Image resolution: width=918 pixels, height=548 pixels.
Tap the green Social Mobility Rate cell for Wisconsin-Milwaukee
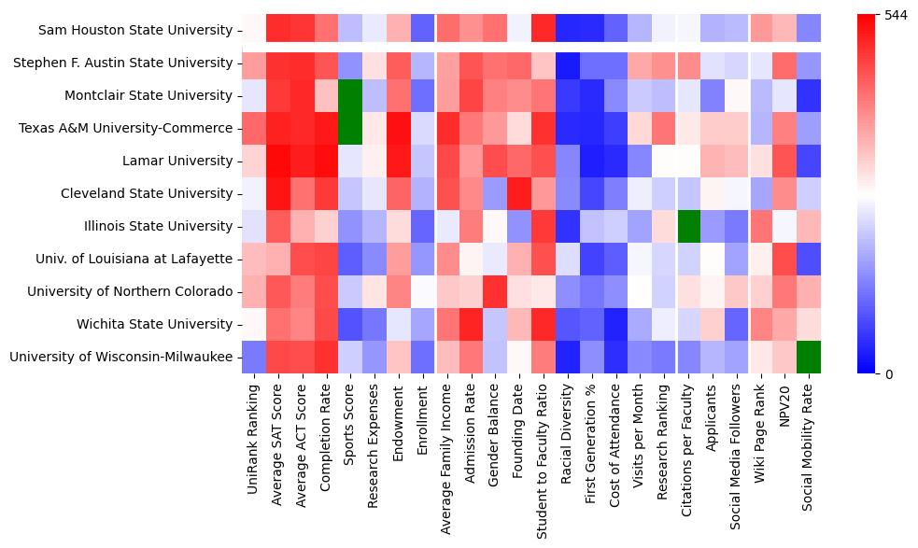[x=810, y=357]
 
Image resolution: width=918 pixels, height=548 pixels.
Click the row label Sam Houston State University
[x=135, y=30]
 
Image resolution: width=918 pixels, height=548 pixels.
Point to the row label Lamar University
[x=177, y=161]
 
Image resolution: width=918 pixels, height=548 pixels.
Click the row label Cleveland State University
[x=147, y=193]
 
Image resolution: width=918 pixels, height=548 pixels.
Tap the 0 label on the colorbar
[x=888, y=373]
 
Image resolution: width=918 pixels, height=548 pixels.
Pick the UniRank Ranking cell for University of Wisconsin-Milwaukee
[x=253, y=357]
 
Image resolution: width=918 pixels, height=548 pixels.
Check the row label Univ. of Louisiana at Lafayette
[x=131, y=259]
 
